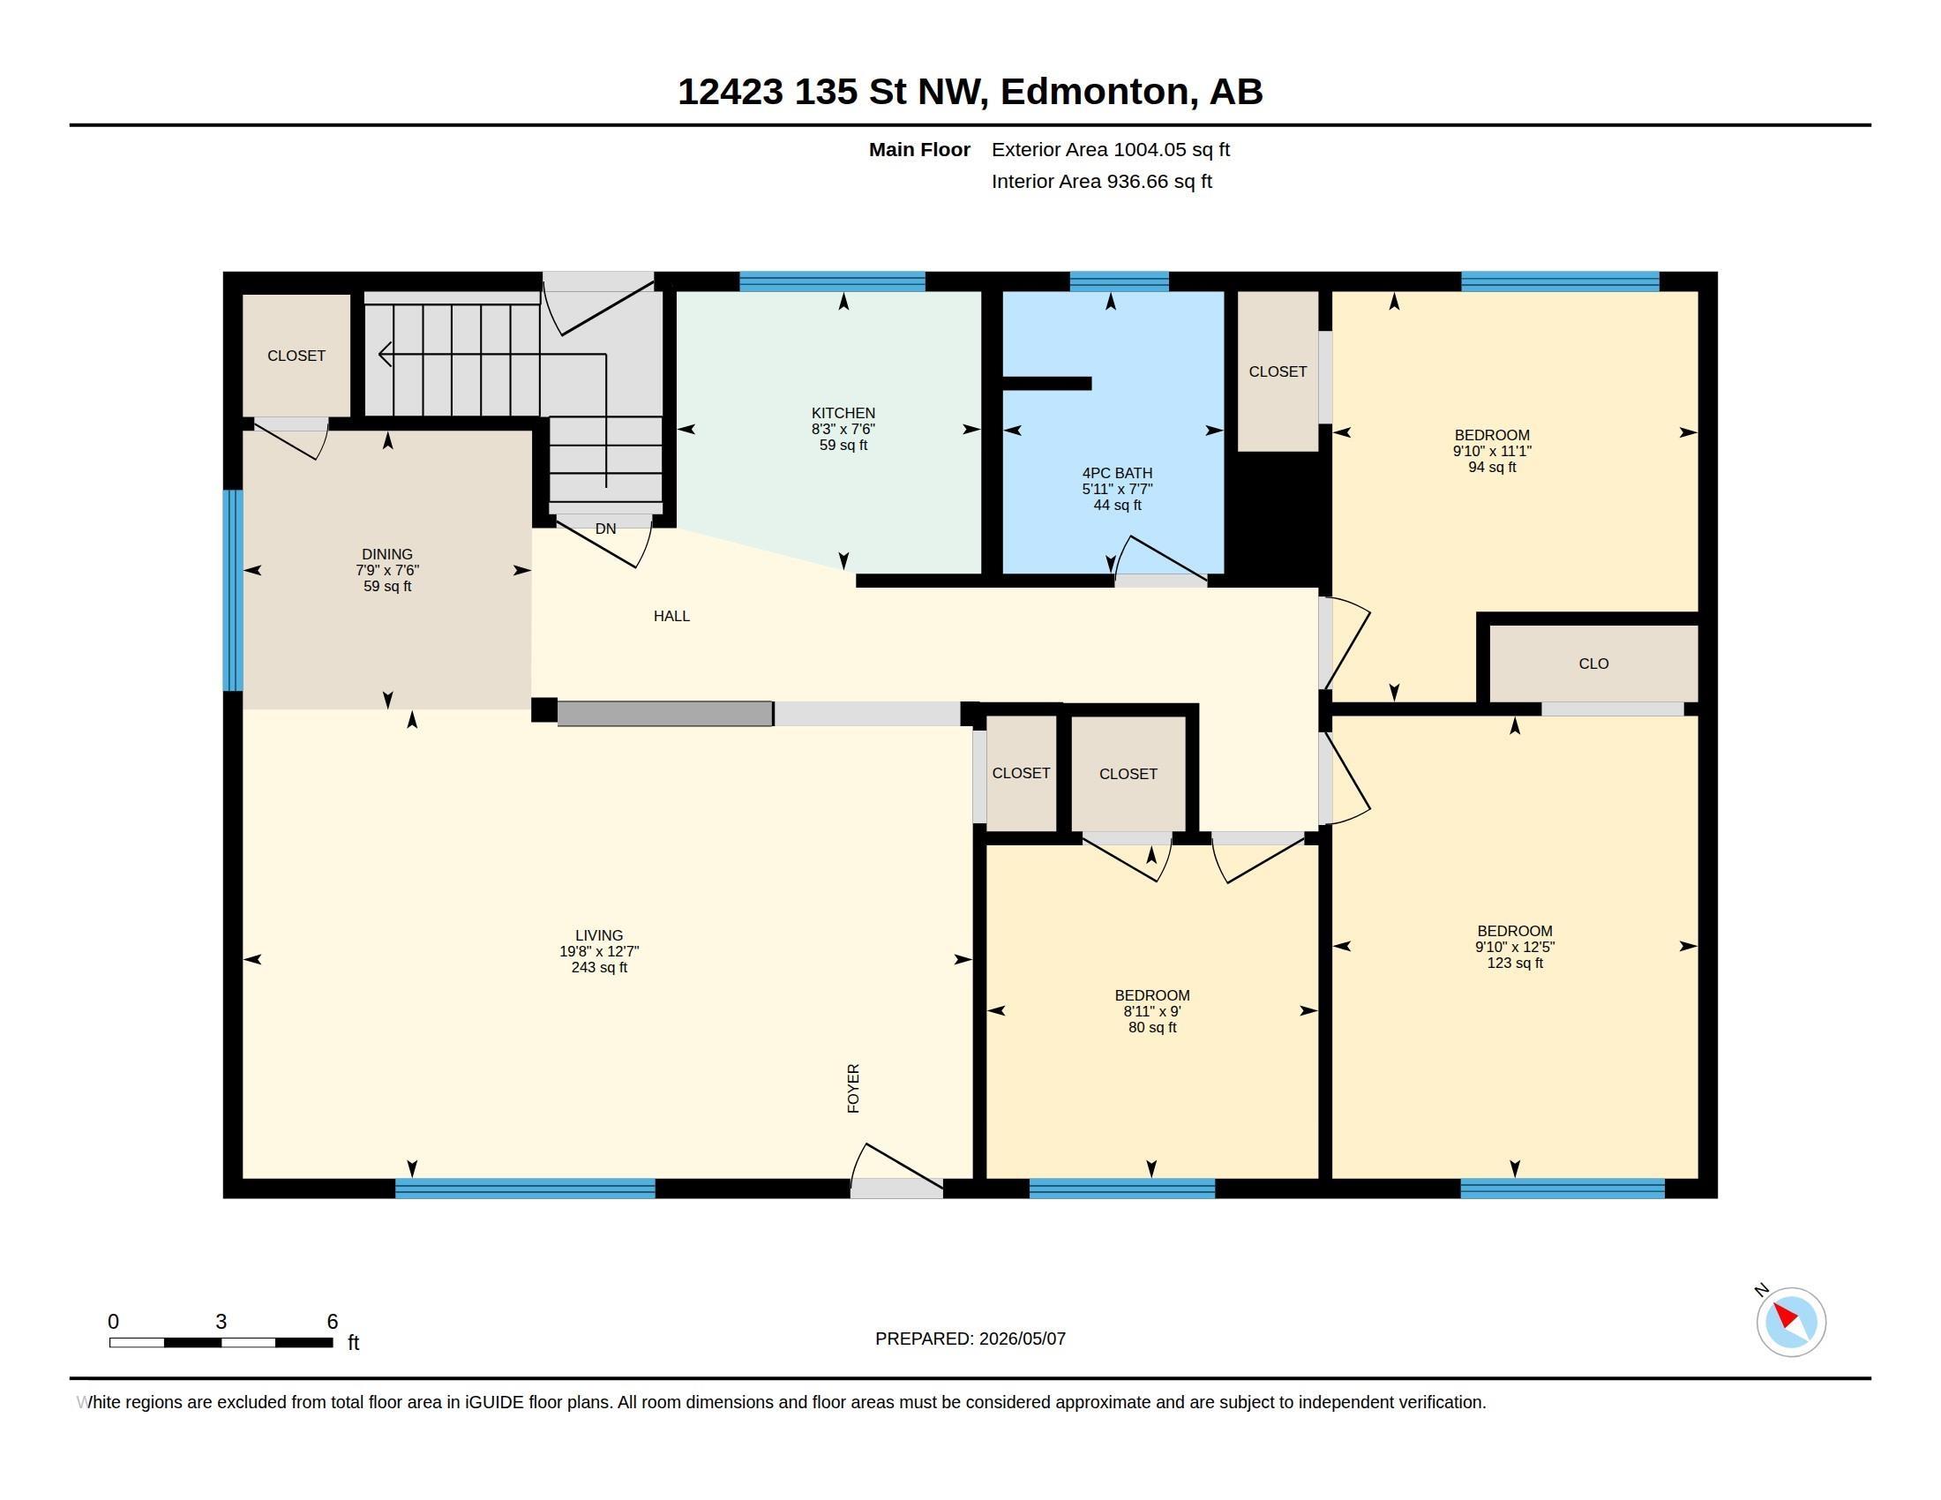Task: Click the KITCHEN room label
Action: [x=843, y=413]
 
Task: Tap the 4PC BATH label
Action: [x=1116, y=474]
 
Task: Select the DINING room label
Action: [x=386, y=554]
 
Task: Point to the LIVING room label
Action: [x=599, y=935]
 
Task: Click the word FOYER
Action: [x=853, y=1089]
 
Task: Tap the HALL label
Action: [x=671, y=616]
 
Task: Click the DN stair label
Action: [x=605, y=529]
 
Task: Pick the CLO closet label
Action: [x=1593, y=664]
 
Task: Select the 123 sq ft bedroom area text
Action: [x=1514, y=964]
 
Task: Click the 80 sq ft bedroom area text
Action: [x=1151, y=1028]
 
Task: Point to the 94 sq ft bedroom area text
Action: [x=1491, y=468]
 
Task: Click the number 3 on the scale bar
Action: [x=221, y=1322]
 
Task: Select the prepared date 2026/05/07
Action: [x=1022, y=1339]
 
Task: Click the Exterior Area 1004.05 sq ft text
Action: [x=1110, y=149]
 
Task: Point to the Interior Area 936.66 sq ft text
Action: [x=1101, y=181]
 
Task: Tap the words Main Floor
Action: [x=919, y=149]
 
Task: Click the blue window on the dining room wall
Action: [x=233, y=590]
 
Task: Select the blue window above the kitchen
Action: [x=832, y=281]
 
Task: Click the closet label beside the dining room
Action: [x=296, y=356]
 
